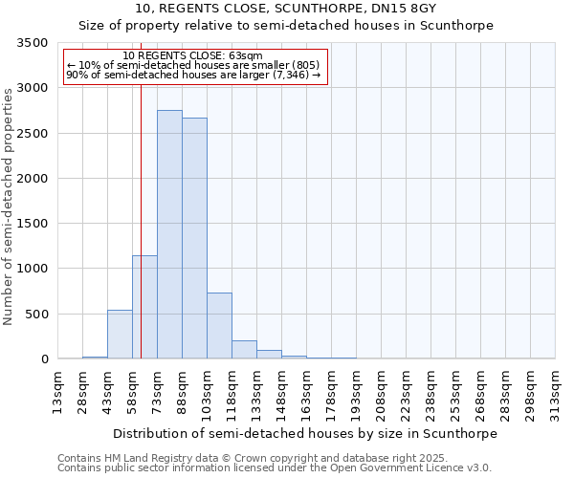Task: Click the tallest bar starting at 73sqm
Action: [169, 234]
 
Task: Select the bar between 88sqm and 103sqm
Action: [194, 238]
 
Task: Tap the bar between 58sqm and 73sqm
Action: [144, 307]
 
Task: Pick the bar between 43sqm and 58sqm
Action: [120, 335]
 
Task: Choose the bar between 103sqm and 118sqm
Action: [219, 326]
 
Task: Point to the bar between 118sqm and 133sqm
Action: [244, 350]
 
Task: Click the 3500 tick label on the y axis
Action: [30, 43]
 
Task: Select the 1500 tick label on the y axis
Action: [30, 224]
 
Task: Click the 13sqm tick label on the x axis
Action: [58, 391]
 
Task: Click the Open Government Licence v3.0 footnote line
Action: [275, 468]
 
